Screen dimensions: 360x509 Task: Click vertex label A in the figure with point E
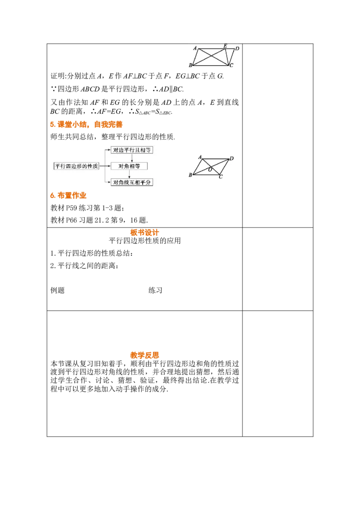195,48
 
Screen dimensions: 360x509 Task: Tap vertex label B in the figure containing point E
190,66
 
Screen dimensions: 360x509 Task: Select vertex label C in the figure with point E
231,66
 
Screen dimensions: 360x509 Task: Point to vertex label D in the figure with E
237,47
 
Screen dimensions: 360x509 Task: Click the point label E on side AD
225,46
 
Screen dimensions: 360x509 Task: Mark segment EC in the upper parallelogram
228,57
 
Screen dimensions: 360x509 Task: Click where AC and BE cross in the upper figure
213,56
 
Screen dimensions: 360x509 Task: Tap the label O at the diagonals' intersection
210,169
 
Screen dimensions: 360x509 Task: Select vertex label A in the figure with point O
200,157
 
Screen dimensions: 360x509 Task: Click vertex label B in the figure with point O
190,174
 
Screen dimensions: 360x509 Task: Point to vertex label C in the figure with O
220,177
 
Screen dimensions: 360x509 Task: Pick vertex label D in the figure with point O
232,158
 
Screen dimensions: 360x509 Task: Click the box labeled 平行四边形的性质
76,166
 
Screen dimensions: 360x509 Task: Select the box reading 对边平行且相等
132,150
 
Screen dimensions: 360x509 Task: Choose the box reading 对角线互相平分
132,182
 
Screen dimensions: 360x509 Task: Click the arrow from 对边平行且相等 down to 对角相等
131,158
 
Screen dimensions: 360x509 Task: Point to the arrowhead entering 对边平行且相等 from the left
109,150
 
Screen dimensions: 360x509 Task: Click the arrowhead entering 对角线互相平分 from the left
109,182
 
